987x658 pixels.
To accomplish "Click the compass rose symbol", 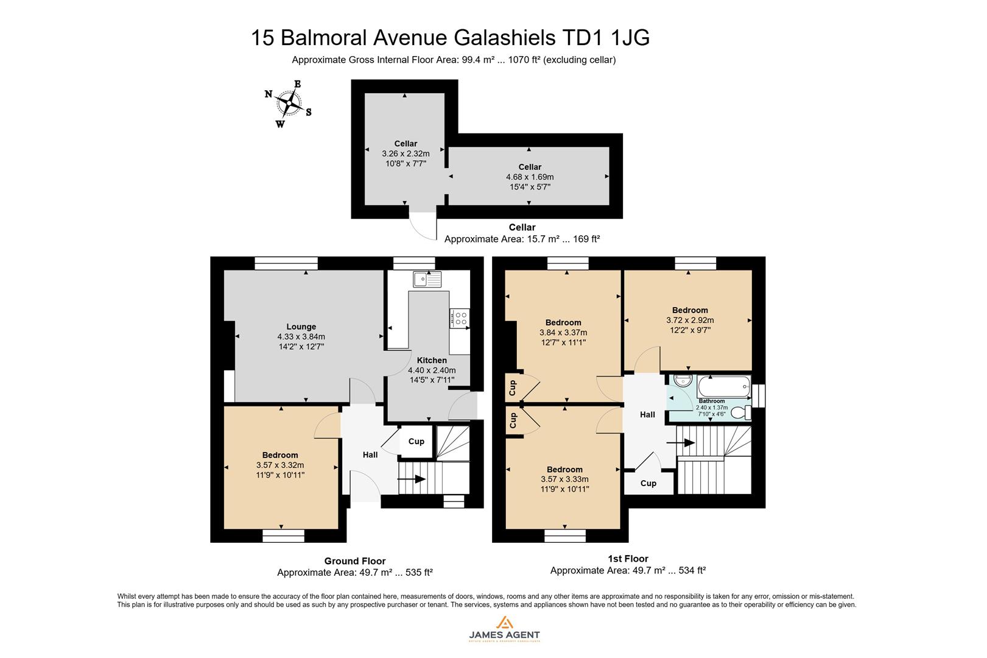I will (x=289, y=103).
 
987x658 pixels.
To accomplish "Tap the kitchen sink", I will (x=426, y=279).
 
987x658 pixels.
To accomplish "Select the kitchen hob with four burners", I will (x=460, y=318).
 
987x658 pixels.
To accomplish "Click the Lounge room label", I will (x=301, y=327).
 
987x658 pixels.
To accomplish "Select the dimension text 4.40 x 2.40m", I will (x=431, y=370).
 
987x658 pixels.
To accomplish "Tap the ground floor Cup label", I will (x=416, y=442).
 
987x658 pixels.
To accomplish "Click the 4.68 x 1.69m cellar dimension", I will (x=530, y=177).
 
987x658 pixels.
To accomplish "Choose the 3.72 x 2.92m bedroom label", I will (x=690, y=320).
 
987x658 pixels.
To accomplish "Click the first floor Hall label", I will (x=647, y=414).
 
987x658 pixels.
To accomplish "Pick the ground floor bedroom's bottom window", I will (x=283, y=536).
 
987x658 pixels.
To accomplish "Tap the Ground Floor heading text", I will (x=354, y=561).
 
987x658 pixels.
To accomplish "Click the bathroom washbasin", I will (x=681, y=381).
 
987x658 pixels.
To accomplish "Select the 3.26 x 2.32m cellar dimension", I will (x=406, y=154).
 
